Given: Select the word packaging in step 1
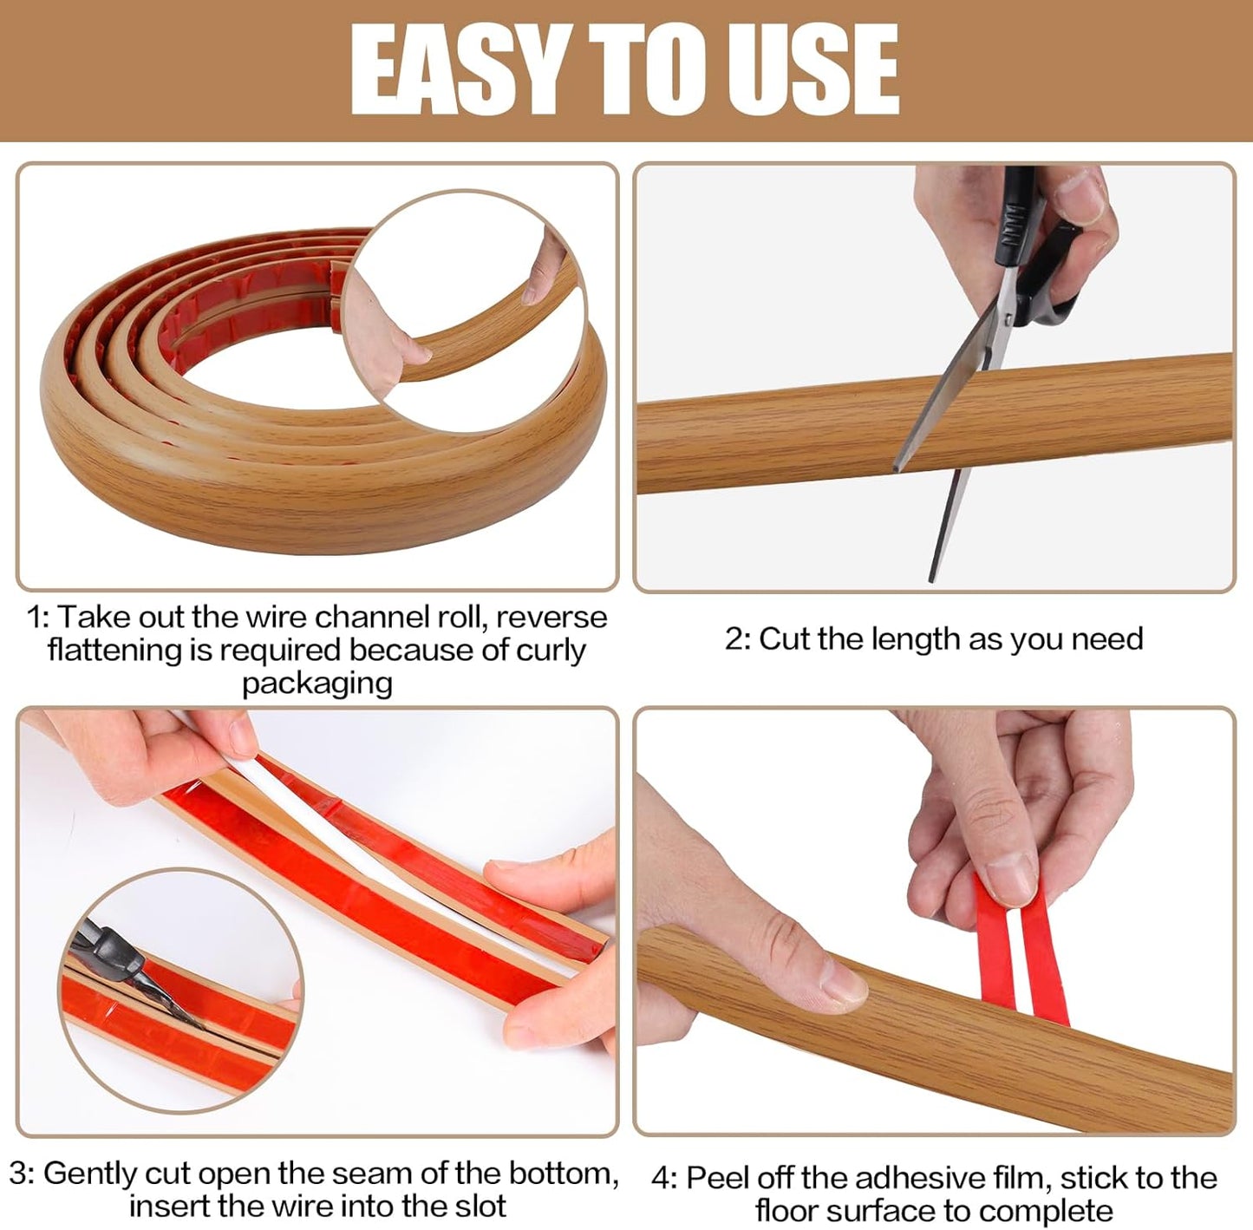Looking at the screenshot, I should pos(317,684).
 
